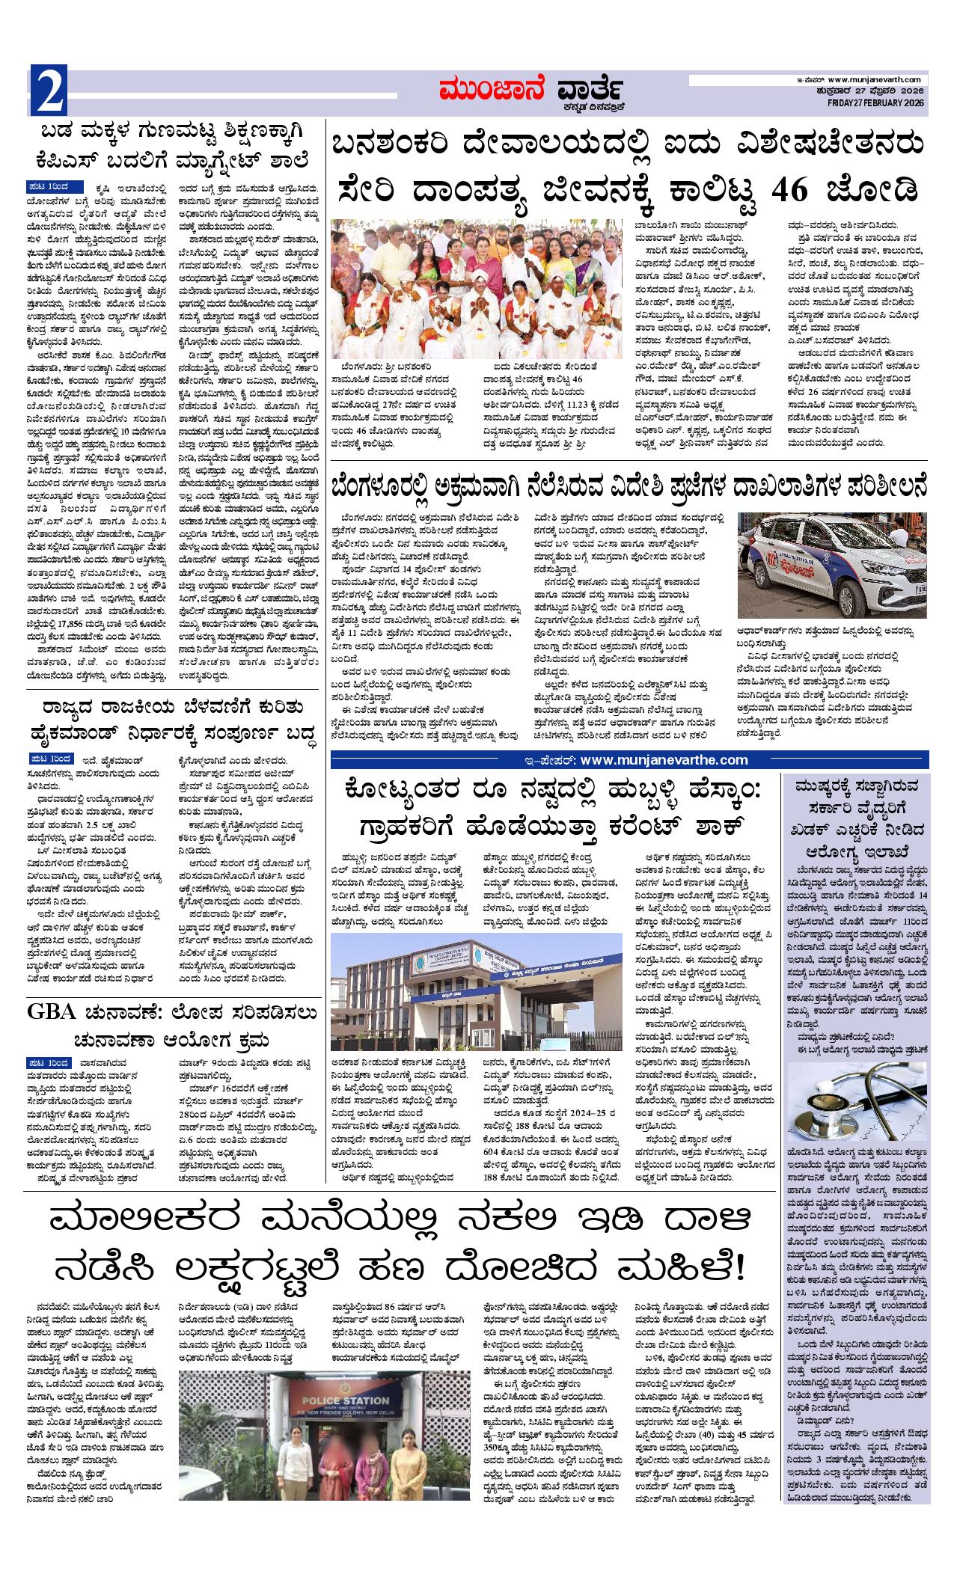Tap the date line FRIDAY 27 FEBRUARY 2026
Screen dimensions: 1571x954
[x=878, y=102]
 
